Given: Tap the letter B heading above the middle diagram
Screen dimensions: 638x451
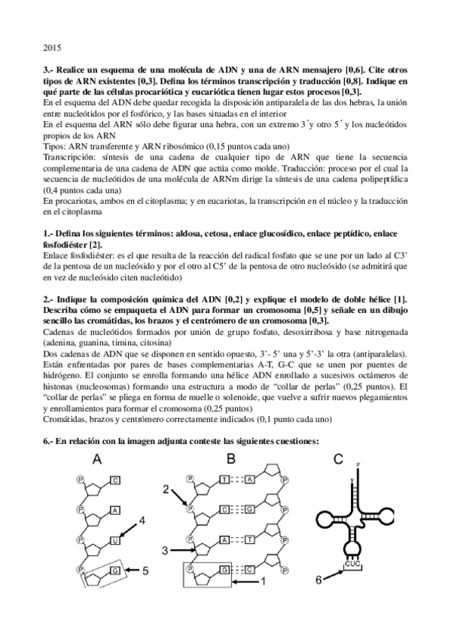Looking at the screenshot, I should [232, 459].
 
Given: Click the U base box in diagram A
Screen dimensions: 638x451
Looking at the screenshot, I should [114, 539].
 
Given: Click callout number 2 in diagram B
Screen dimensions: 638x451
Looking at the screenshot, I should [166, 490].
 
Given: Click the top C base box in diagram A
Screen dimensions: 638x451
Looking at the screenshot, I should [114, 479].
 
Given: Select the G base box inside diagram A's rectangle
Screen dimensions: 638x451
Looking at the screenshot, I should [114, 570].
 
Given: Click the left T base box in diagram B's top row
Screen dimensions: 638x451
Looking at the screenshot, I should [223, 479].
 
